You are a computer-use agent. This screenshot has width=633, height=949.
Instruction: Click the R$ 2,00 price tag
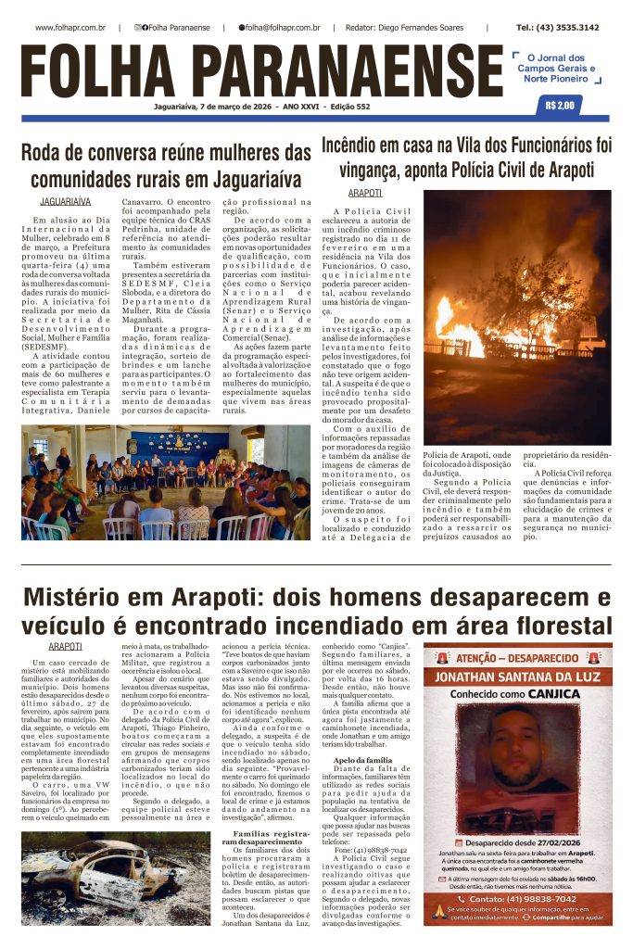coord(561,106)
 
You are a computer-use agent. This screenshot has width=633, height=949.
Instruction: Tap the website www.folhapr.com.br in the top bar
coord(70,28)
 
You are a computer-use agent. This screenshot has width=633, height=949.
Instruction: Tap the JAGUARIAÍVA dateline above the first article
coord(66,201)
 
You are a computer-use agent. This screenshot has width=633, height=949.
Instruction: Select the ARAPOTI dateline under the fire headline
coord(364,193)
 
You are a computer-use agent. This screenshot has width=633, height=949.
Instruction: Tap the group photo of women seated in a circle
coord(166,482)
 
